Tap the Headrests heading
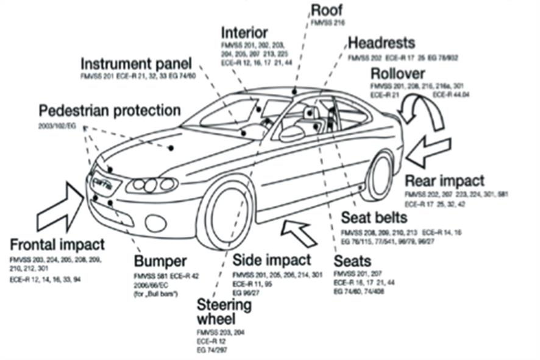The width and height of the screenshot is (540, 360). (382, 43)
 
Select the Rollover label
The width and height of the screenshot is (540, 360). (402, 74)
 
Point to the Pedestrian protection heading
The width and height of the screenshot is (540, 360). (110, 111)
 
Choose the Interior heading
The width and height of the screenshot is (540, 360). (244, 32)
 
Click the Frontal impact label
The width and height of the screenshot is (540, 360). (57, 245)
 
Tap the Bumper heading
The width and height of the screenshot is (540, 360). (160, 261)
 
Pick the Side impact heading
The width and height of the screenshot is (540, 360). (272, 260)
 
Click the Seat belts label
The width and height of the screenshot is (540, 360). (374, 217)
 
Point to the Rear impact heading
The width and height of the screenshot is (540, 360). (445, 181)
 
